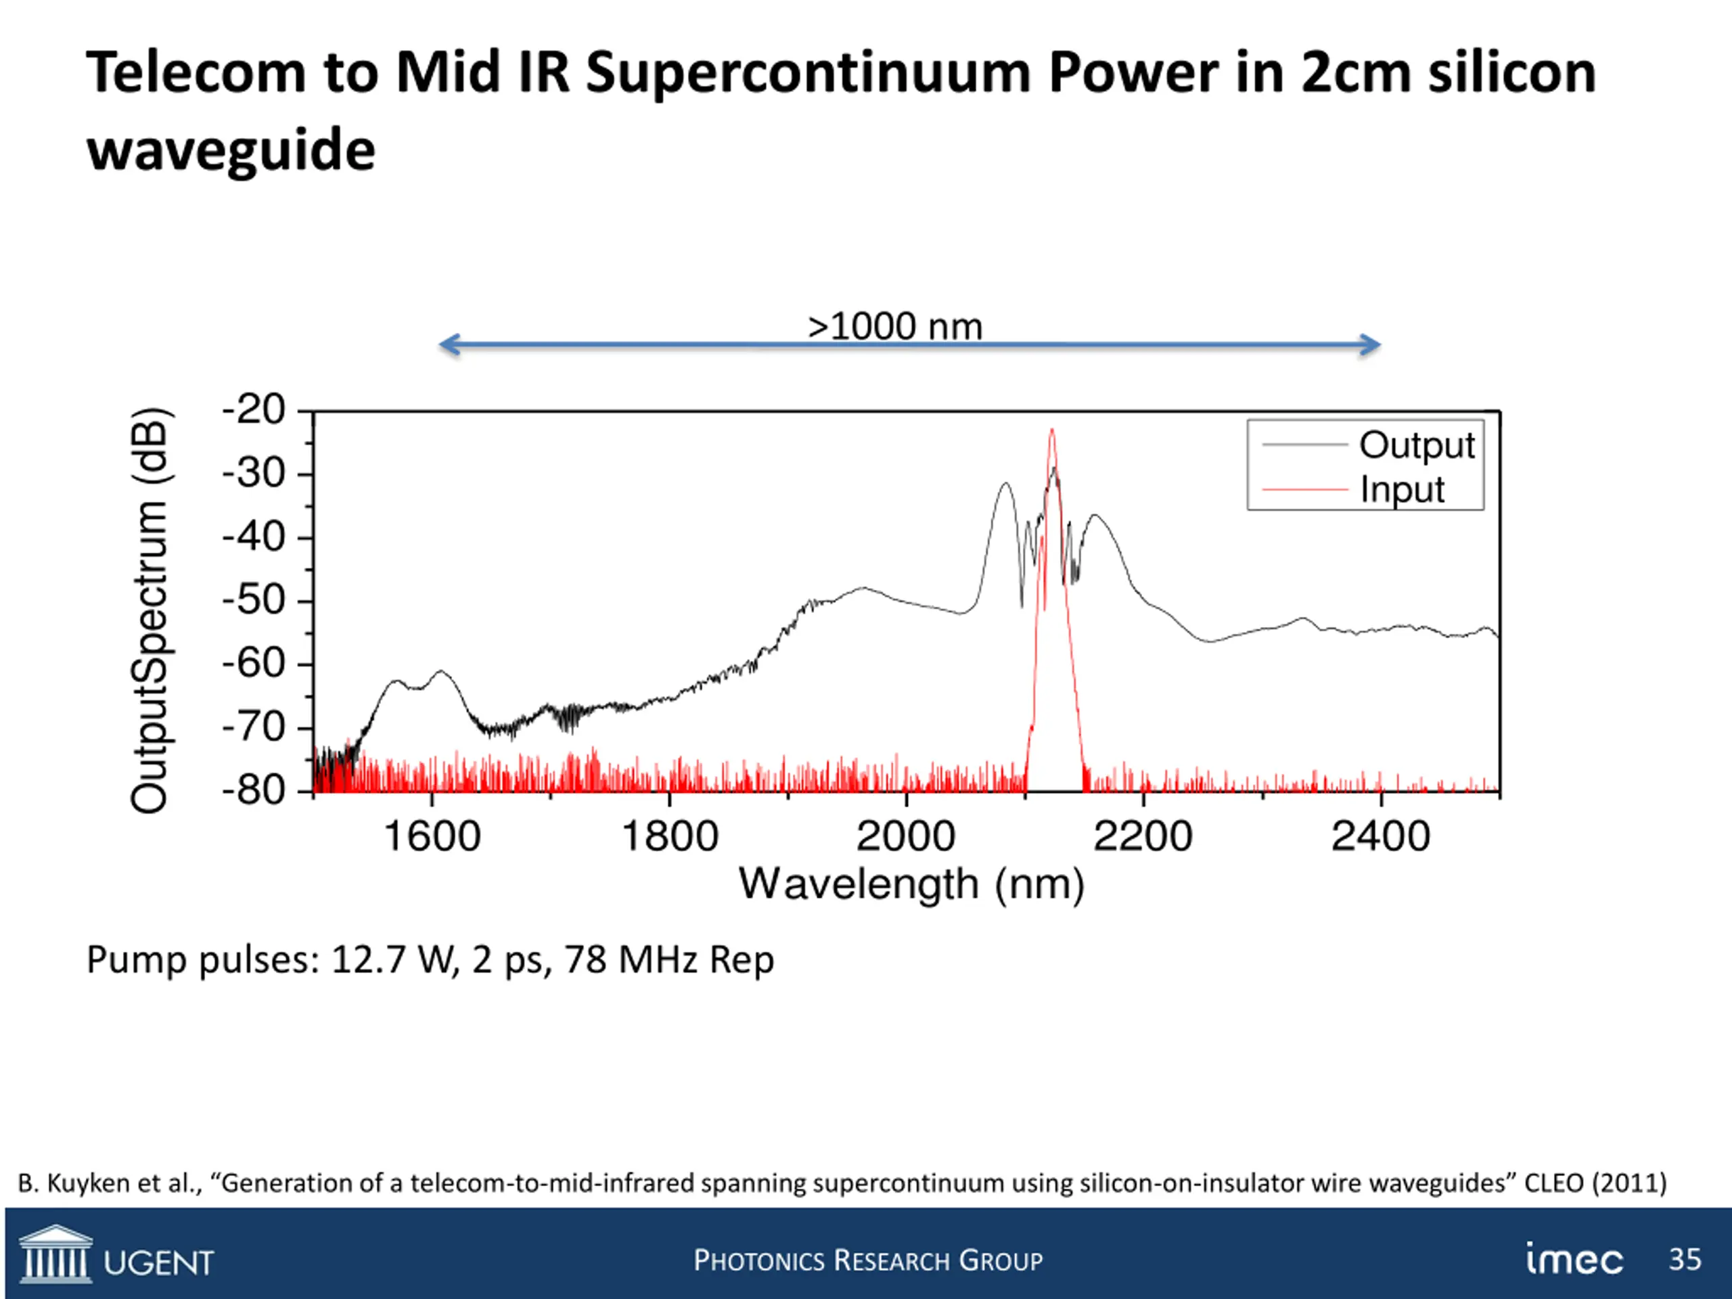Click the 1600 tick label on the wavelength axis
pos(432,836)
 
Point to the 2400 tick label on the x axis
pos(1380,836)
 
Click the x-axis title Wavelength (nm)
pos(911,885)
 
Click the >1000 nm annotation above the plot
pos(895,327)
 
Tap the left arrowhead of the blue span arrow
pos(448,344)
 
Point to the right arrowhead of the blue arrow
pos(1370,344)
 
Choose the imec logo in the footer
pos(1574,1259)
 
